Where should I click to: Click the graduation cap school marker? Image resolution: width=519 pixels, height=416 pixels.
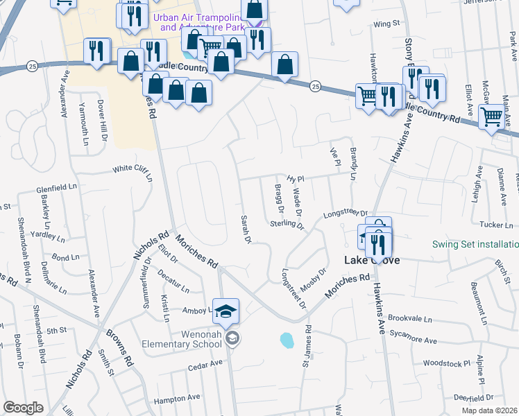(226, 313)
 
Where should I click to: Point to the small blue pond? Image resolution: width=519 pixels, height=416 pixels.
(286, 340)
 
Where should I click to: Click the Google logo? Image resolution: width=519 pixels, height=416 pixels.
(23, 408)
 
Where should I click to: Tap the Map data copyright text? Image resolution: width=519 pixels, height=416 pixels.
(487, 410)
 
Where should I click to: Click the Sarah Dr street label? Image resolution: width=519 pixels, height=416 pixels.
(245, 229)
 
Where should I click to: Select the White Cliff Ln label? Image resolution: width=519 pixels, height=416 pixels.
(133, 171)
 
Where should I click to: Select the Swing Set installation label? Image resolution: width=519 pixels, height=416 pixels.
(475, 244)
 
